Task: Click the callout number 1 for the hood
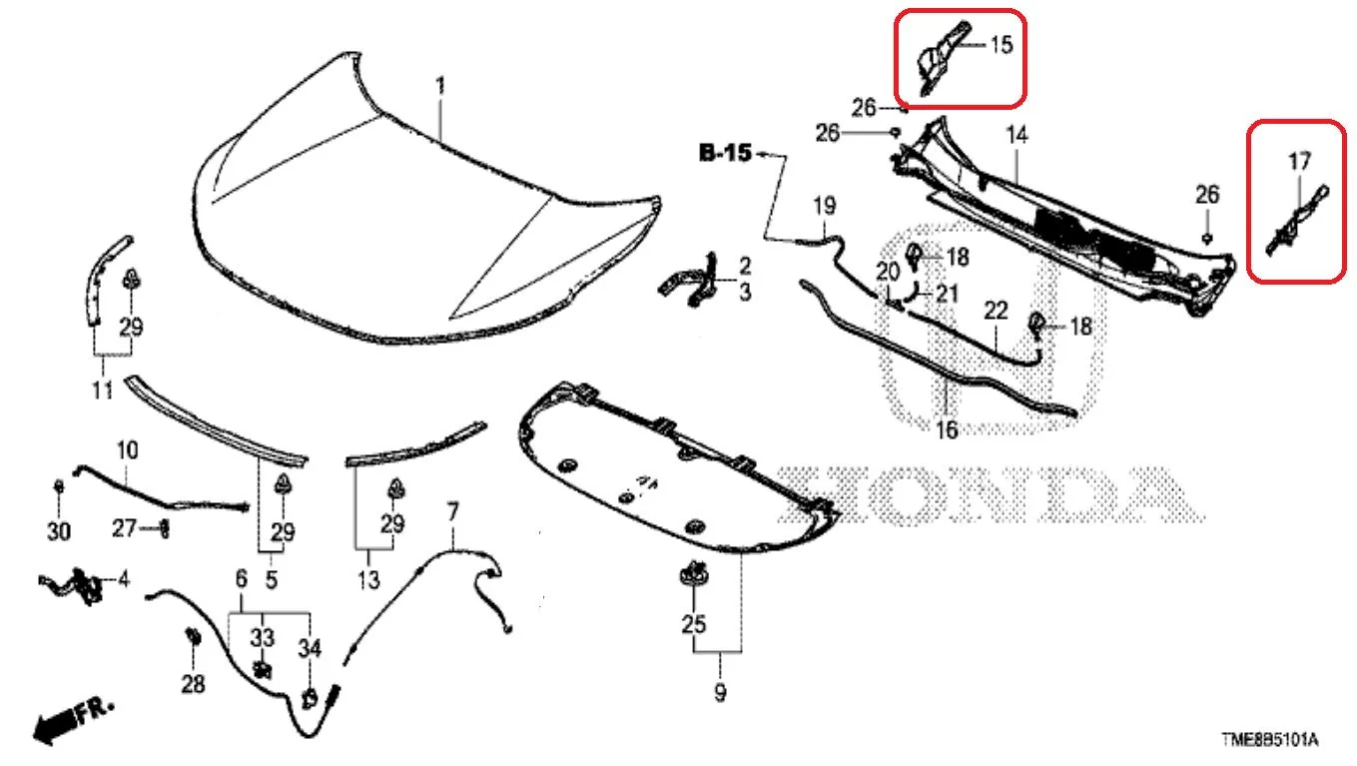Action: [440, 86]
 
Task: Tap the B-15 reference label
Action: [725, 153]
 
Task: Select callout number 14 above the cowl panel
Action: [1017, 134]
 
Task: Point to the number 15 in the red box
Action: [1002, 44]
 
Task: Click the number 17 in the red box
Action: [1299, 161]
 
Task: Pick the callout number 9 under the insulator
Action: [720, 692]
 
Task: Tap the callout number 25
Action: [694, 623]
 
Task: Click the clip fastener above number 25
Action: [694, 574]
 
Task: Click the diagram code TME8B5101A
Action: [1269, 739]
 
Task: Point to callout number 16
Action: [947, 430]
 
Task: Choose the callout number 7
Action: [452, 511]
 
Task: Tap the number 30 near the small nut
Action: [59, 531]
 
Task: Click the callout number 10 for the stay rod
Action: [127, 450]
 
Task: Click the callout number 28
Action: [194, 684]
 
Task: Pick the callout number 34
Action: [310, 648]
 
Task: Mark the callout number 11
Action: [103, 390]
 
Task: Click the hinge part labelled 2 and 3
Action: [689, 280]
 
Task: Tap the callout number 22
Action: [996, 311]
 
